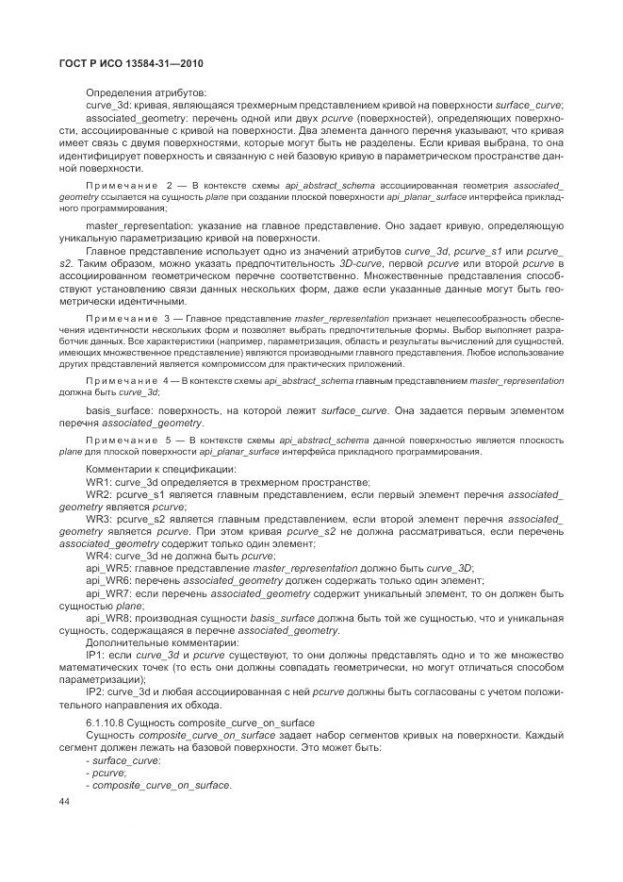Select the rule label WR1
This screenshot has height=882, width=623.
(x=99, y=481)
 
